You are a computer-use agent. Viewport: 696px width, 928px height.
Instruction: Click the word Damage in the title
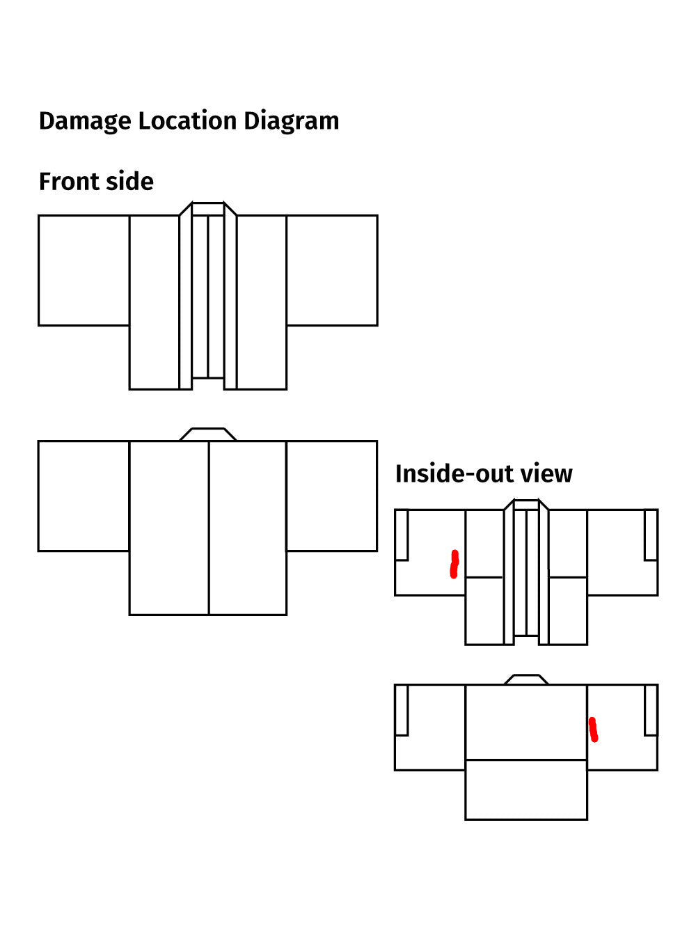click(85, 121)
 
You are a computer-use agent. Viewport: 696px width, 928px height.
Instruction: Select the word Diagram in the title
click(292, 121)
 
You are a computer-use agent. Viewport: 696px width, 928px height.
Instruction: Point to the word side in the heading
click(129, 182)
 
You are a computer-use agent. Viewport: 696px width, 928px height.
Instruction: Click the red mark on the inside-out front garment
click(454, 564)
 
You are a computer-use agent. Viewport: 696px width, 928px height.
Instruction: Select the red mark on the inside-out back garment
click(593, 730)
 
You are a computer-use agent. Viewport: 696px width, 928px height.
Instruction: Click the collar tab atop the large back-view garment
click(208, 434)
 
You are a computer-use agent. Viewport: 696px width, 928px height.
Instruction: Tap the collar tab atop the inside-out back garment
click(526, 679)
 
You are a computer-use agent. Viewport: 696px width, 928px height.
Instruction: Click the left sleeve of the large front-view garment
click(84, 271)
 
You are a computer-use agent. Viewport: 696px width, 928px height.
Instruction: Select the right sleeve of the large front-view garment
click(332, 271)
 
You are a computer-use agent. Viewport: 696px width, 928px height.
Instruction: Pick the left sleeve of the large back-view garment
click(84, 496)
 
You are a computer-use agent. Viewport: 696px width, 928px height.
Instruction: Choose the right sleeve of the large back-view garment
click(332, 496)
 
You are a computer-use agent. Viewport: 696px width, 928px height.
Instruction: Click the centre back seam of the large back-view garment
click(209, 528)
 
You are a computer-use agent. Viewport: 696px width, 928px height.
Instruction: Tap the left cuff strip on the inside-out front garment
click(402, 535)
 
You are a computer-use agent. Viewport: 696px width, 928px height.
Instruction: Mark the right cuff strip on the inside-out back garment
click(651, 710)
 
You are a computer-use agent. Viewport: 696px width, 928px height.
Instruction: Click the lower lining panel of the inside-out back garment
click(526, 789)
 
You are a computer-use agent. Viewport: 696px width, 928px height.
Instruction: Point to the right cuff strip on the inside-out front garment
click(651, 535)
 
